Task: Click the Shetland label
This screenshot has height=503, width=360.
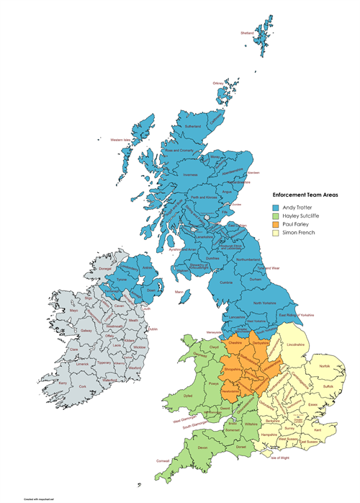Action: click(x=248, y=33)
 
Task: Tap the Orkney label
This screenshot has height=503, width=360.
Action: click(x=218, y=83)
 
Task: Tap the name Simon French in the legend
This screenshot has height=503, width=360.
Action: click(x=300, y=233)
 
